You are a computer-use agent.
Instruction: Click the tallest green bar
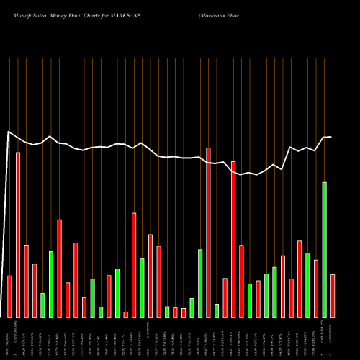[324, 249]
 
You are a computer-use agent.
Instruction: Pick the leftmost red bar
[9, 296]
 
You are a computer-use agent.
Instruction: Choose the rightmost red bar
[333, 295]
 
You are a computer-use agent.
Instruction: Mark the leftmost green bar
[42, 305]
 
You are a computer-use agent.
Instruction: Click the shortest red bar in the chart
[125, 314]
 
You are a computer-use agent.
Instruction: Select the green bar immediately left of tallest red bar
[200, 283]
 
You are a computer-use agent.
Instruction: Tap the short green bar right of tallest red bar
[217, 310]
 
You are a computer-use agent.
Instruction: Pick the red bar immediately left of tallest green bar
[316, 288]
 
